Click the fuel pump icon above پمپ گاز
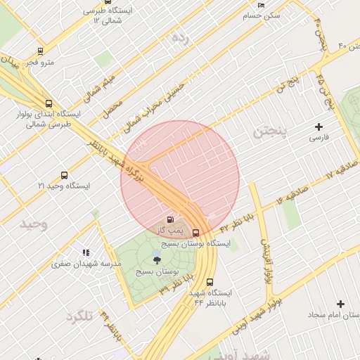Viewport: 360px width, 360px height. coord(169,221)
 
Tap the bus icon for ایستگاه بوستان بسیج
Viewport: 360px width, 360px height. coord(195,233)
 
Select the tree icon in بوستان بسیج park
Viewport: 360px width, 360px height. coord(156,260)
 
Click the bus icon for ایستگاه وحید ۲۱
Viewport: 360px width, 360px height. coord(65,176)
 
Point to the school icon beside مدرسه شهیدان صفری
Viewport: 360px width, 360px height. coord(86,252)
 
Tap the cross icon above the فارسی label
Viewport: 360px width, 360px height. coord(319,127)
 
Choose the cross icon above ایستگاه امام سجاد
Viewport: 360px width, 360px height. coord(341,304)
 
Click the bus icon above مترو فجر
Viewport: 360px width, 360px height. coord(40,51)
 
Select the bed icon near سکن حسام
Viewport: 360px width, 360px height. coord(262,5)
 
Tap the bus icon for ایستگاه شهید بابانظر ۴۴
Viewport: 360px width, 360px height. coord(210,282)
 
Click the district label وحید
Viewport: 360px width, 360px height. coord(33,224)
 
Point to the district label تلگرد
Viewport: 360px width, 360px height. coord(79,316)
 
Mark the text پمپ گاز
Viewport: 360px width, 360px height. coord(169,231)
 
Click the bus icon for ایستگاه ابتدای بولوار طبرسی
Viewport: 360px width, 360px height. coord(48,103)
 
